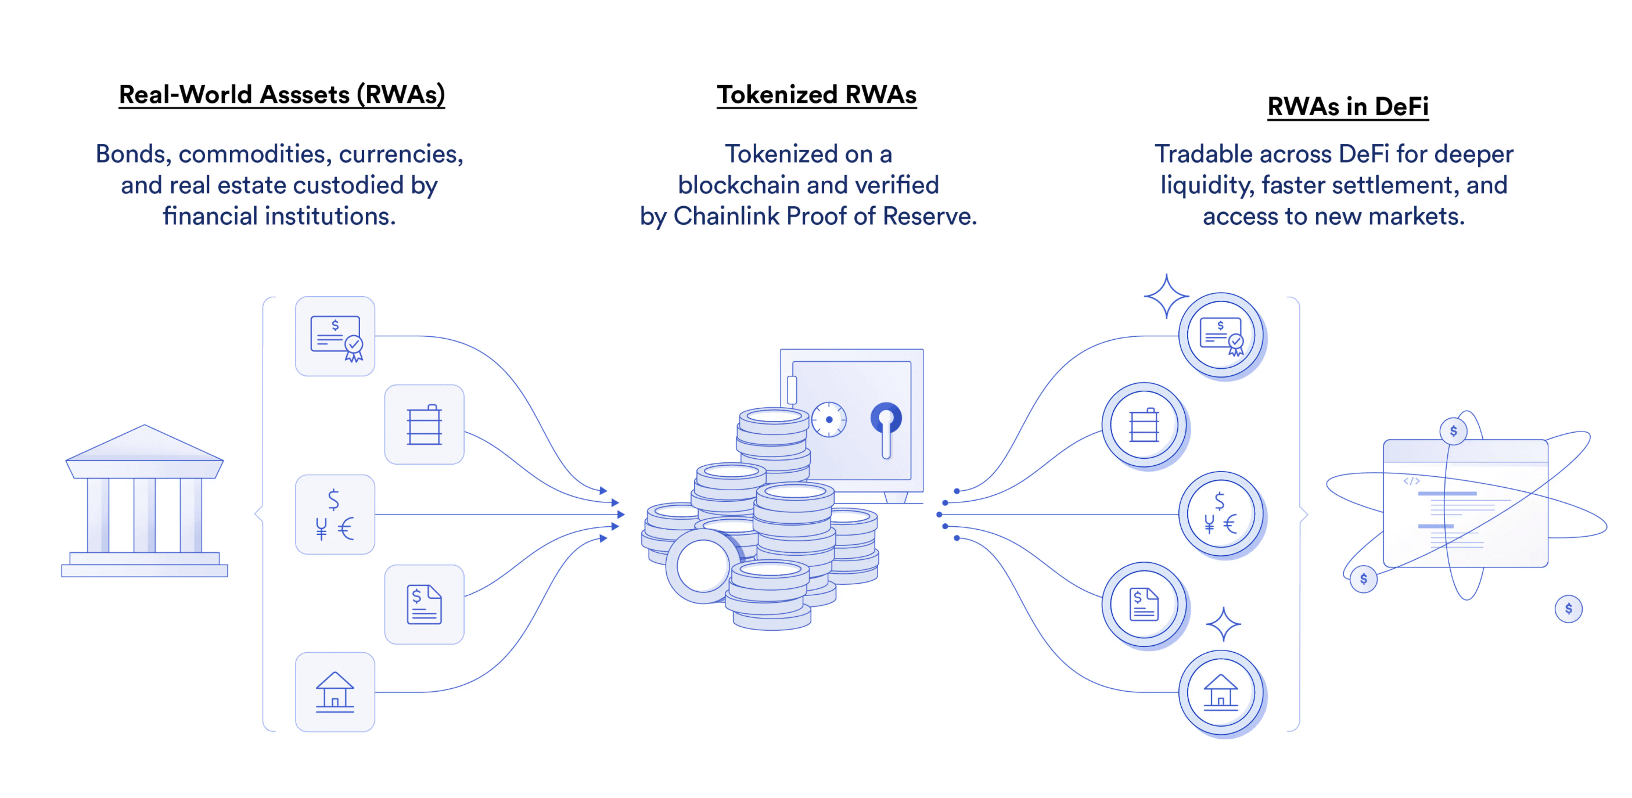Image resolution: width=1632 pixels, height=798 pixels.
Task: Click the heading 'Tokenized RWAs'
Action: pyautogui.click(x=816, y=95)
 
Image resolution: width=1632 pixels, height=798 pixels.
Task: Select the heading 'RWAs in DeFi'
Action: pyautogui.click(x=1347, y=106)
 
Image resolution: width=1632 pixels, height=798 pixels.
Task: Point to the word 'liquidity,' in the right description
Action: pyautogui.click(x=1207, y=186)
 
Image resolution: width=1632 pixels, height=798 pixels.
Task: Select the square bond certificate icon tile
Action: pyautogui.click(x=335, y=336)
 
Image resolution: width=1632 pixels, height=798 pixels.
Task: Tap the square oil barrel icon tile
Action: pyautogui.click(x=424, y=425)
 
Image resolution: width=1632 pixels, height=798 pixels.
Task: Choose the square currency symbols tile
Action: pyautogui.click(x=335, y=514)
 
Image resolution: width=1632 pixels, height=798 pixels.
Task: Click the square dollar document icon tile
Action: pyautogui.click(x=424, y=604)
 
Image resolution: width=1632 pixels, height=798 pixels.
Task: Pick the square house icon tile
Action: pyautogui.click(x=335, y=692)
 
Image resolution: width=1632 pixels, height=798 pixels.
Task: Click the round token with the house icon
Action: pyautogui.click(x=1220, y=692)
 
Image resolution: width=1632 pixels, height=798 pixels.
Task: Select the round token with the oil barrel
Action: pyautogui.click(x=1144, y=425)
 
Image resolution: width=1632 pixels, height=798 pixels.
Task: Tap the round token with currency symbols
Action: pyautogui.click(x=1220, y=514)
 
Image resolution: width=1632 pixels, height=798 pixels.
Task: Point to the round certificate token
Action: pyautogui.click(x=1220, y=336)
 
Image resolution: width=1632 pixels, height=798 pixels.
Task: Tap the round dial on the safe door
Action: pyautogui.click(x=829, y=419)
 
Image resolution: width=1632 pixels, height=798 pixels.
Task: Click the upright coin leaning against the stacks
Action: pyautogui.click(x=702, y=566)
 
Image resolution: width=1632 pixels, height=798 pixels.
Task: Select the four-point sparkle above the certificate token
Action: pyautogui.click(x=1166, y=296)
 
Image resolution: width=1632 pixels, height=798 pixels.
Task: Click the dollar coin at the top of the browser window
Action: pyautogui.click(x=1453, y=432)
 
